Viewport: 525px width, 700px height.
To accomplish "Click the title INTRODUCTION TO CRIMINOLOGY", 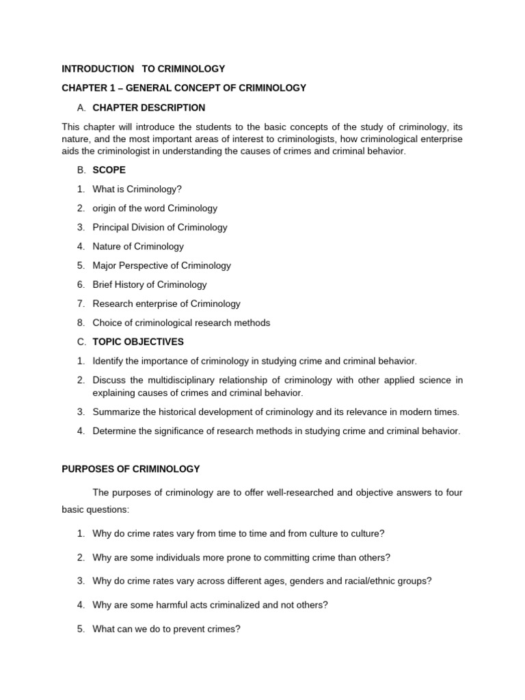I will pos(143,69).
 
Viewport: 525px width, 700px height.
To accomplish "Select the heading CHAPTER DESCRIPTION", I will pos(148,107).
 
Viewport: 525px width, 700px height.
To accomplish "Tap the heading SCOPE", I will pos(109,170).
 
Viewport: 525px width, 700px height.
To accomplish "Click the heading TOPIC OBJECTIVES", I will pos(138,342).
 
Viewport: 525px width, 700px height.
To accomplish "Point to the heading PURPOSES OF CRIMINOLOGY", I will pos(131,469).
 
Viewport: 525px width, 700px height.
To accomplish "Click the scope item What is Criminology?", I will pos(137,189).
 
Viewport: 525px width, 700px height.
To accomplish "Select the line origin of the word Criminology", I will pos(154,208).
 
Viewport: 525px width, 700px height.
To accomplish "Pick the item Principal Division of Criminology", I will pos(160,228).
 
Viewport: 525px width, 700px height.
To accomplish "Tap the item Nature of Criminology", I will pos(138,247).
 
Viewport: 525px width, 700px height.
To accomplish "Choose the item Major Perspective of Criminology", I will pos(161,266).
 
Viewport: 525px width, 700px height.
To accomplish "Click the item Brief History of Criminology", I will pos(149,285).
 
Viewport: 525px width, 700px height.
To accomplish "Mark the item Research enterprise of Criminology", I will pos(166,304).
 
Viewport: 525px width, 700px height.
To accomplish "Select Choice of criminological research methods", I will pos(181,323).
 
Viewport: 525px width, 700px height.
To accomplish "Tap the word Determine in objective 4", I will pos(114,431).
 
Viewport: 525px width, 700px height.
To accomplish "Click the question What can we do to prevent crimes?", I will pos(166,630).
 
